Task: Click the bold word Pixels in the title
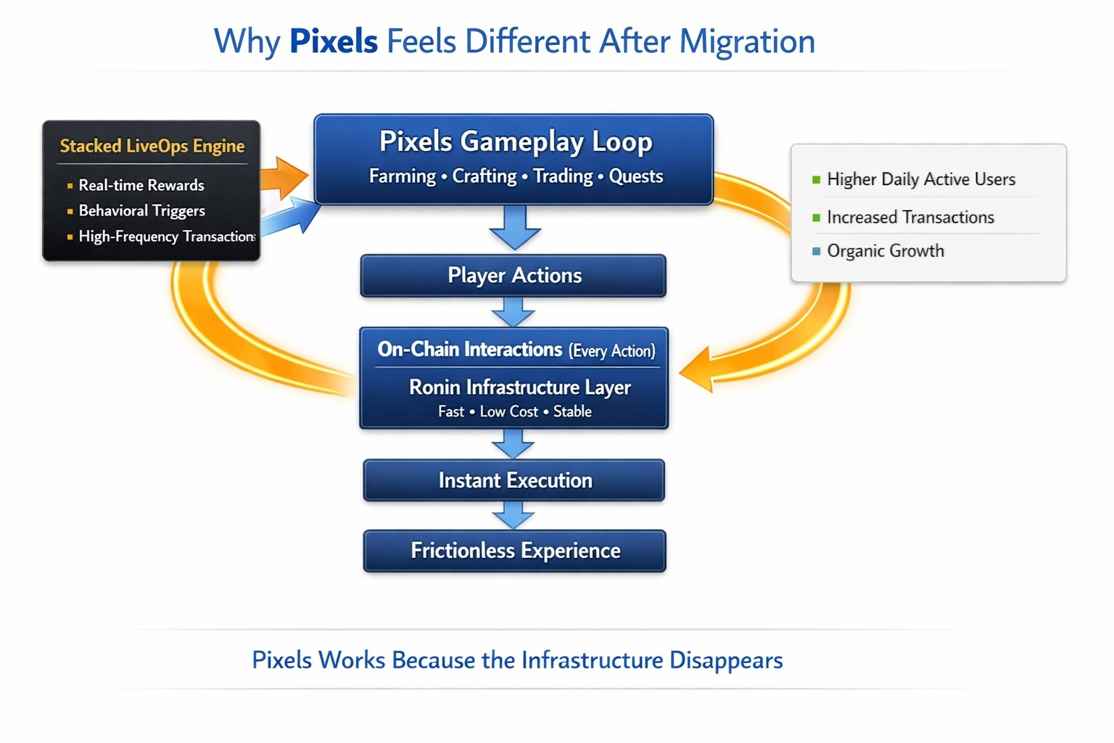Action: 334,41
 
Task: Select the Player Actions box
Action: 513,276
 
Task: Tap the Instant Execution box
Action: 514,480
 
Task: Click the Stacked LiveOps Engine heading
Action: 152,146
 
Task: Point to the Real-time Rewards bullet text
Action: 141,185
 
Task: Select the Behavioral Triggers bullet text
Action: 141,210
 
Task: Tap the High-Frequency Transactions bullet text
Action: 166,237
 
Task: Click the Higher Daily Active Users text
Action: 920,179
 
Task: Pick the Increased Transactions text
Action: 910,217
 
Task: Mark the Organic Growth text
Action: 886,251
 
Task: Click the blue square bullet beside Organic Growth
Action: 817,251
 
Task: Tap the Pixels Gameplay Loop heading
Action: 516,141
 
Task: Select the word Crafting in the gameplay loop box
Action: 484,176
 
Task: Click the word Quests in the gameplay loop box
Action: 635,176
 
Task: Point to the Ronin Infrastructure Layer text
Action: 519,387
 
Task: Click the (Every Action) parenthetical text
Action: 611,351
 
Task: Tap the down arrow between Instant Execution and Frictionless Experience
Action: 513,517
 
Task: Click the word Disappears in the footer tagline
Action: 725,660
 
